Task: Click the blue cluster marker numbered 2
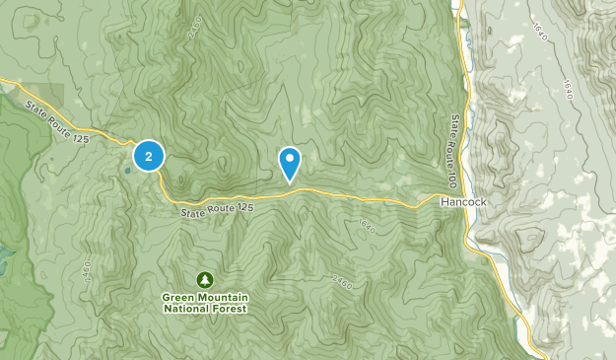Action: pos(148,155)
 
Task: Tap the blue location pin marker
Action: pos(290,163)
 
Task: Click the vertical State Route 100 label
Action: pos(455,149)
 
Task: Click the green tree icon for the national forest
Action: pos(204,279)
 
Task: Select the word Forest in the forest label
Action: pos(226,309)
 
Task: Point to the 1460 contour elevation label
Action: pos(86,268)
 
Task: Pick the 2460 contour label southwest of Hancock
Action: pos(341,281)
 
